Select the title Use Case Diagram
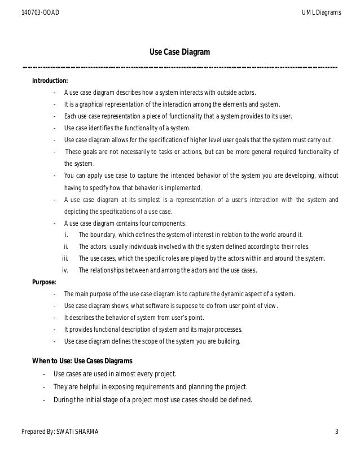[x=179, y=52]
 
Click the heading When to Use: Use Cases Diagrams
[x=84, y=361]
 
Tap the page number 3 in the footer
[x=336, y=433]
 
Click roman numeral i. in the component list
[x=67, y=235]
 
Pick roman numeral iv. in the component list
[x=65, y=270]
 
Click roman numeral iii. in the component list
[x=65, y=258]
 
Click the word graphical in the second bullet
[x=93, y=104]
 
